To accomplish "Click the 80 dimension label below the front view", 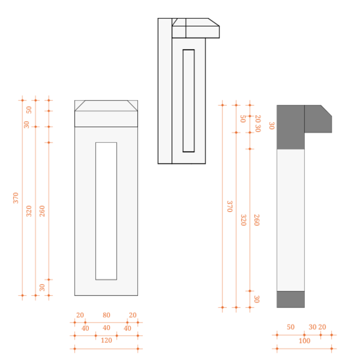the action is pos(106,315).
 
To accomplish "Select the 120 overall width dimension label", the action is pos(106,340).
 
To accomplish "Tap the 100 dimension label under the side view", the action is pos(304,341).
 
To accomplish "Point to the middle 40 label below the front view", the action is pos(106,328).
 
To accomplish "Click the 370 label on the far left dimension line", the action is pos(15,198).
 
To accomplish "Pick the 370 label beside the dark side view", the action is pos(230,206).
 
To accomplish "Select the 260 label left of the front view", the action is pos(42,211).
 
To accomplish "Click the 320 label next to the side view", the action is pos(243,220).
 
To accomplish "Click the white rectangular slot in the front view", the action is pos(106,211).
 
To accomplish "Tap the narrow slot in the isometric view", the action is pos(189,101).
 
